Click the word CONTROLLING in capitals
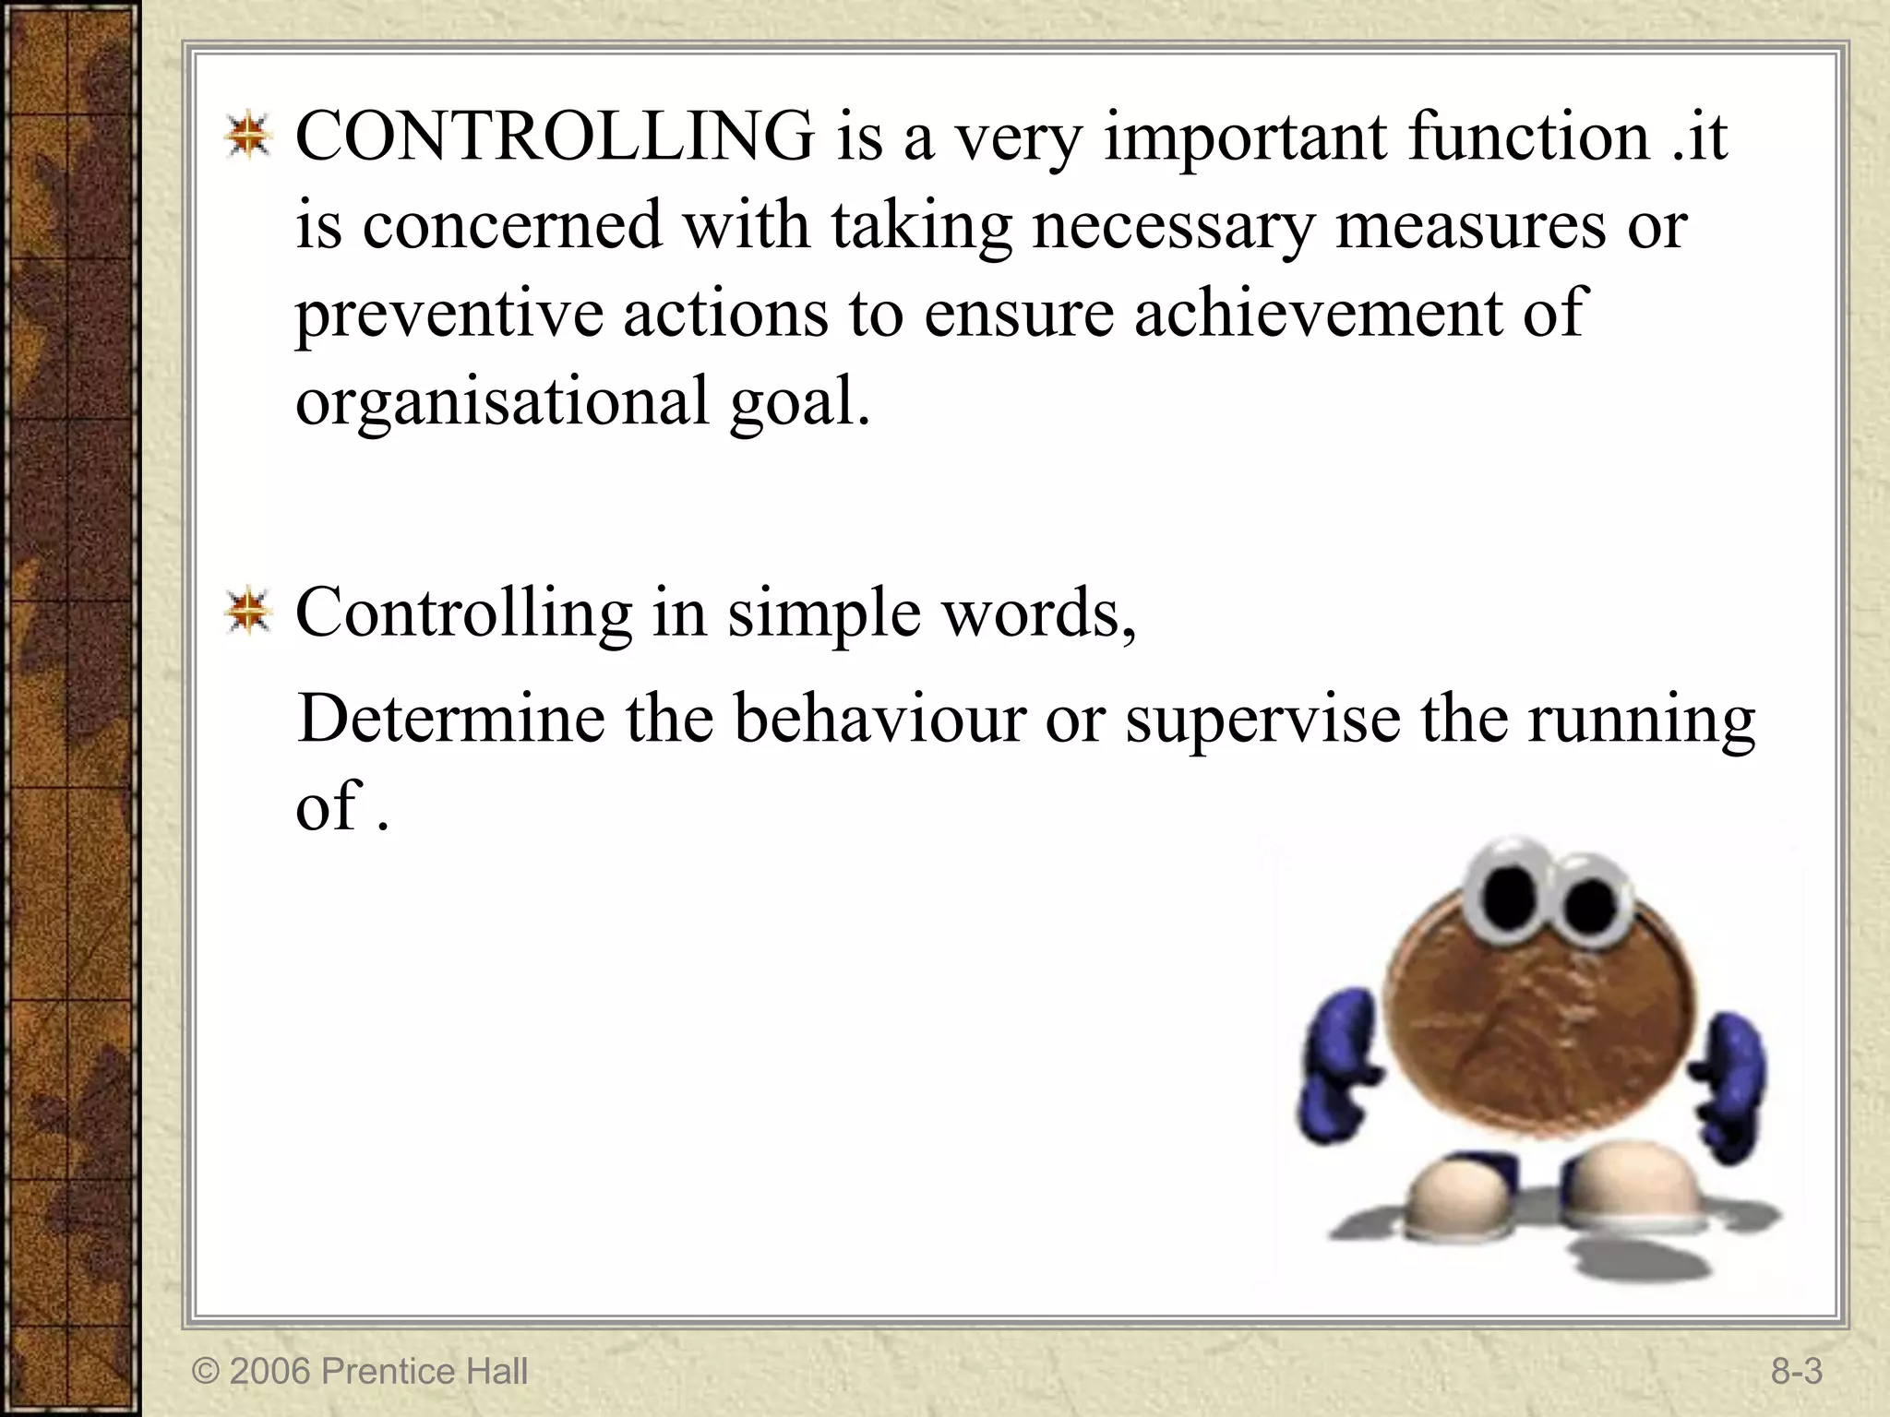pos(555,137)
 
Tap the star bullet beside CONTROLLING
pos(247,138)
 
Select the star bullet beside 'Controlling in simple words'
pos(247,613)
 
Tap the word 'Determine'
pos(450,720)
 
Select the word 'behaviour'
pos(879,720)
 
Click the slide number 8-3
pos(1796,1372)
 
